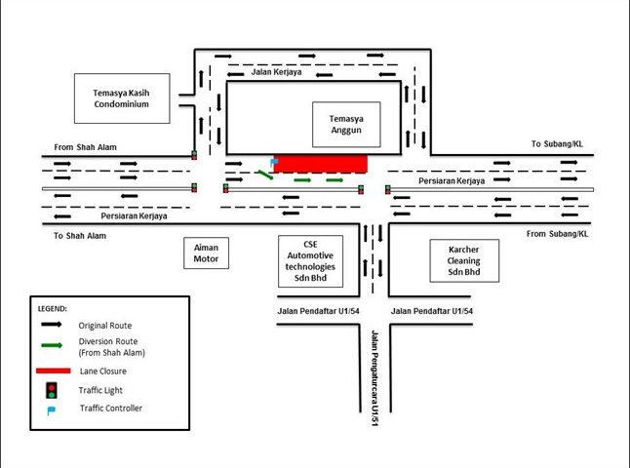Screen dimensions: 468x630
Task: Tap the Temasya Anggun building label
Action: click(x=345, y=125)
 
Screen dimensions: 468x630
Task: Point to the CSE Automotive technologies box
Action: click(x=307, y=260)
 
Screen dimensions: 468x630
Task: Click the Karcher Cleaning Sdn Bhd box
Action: click(x=464, y=260)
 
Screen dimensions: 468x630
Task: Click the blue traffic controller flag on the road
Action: click(x=274, y=161)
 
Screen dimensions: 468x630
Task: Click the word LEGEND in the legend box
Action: click(x=53, y=308)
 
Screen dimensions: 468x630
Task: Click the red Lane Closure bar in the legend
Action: click(x=53, y=371)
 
